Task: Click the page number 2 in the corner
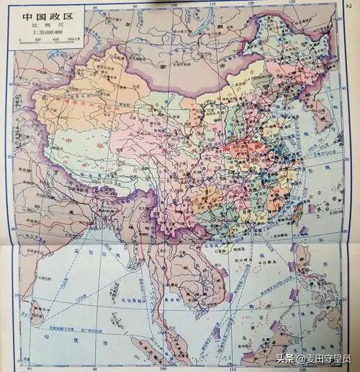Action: click(x=351, y=6)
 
